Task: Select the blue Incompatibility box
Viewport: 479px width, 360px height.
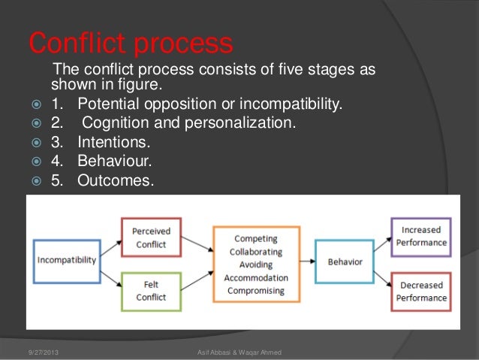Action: pos(67,260)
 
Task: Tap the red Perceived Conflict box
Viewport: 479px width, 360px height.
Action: pos(151,237)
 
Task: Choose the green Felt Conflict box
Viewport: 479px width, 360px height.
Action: pos(151,289)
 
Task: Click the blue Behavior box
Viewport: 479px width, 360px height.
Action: pos(345,262)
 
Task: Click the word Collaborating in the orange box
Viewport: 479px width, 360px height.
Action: pos(256,251)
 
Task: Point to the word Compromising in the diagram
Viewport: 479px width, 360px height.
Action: pos(256,290)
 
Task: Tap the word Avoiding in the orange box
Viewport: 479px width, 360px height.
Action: pos(256,264)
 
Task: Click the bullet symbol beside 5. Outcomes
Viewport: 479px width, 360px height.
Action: pos(35,180)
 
